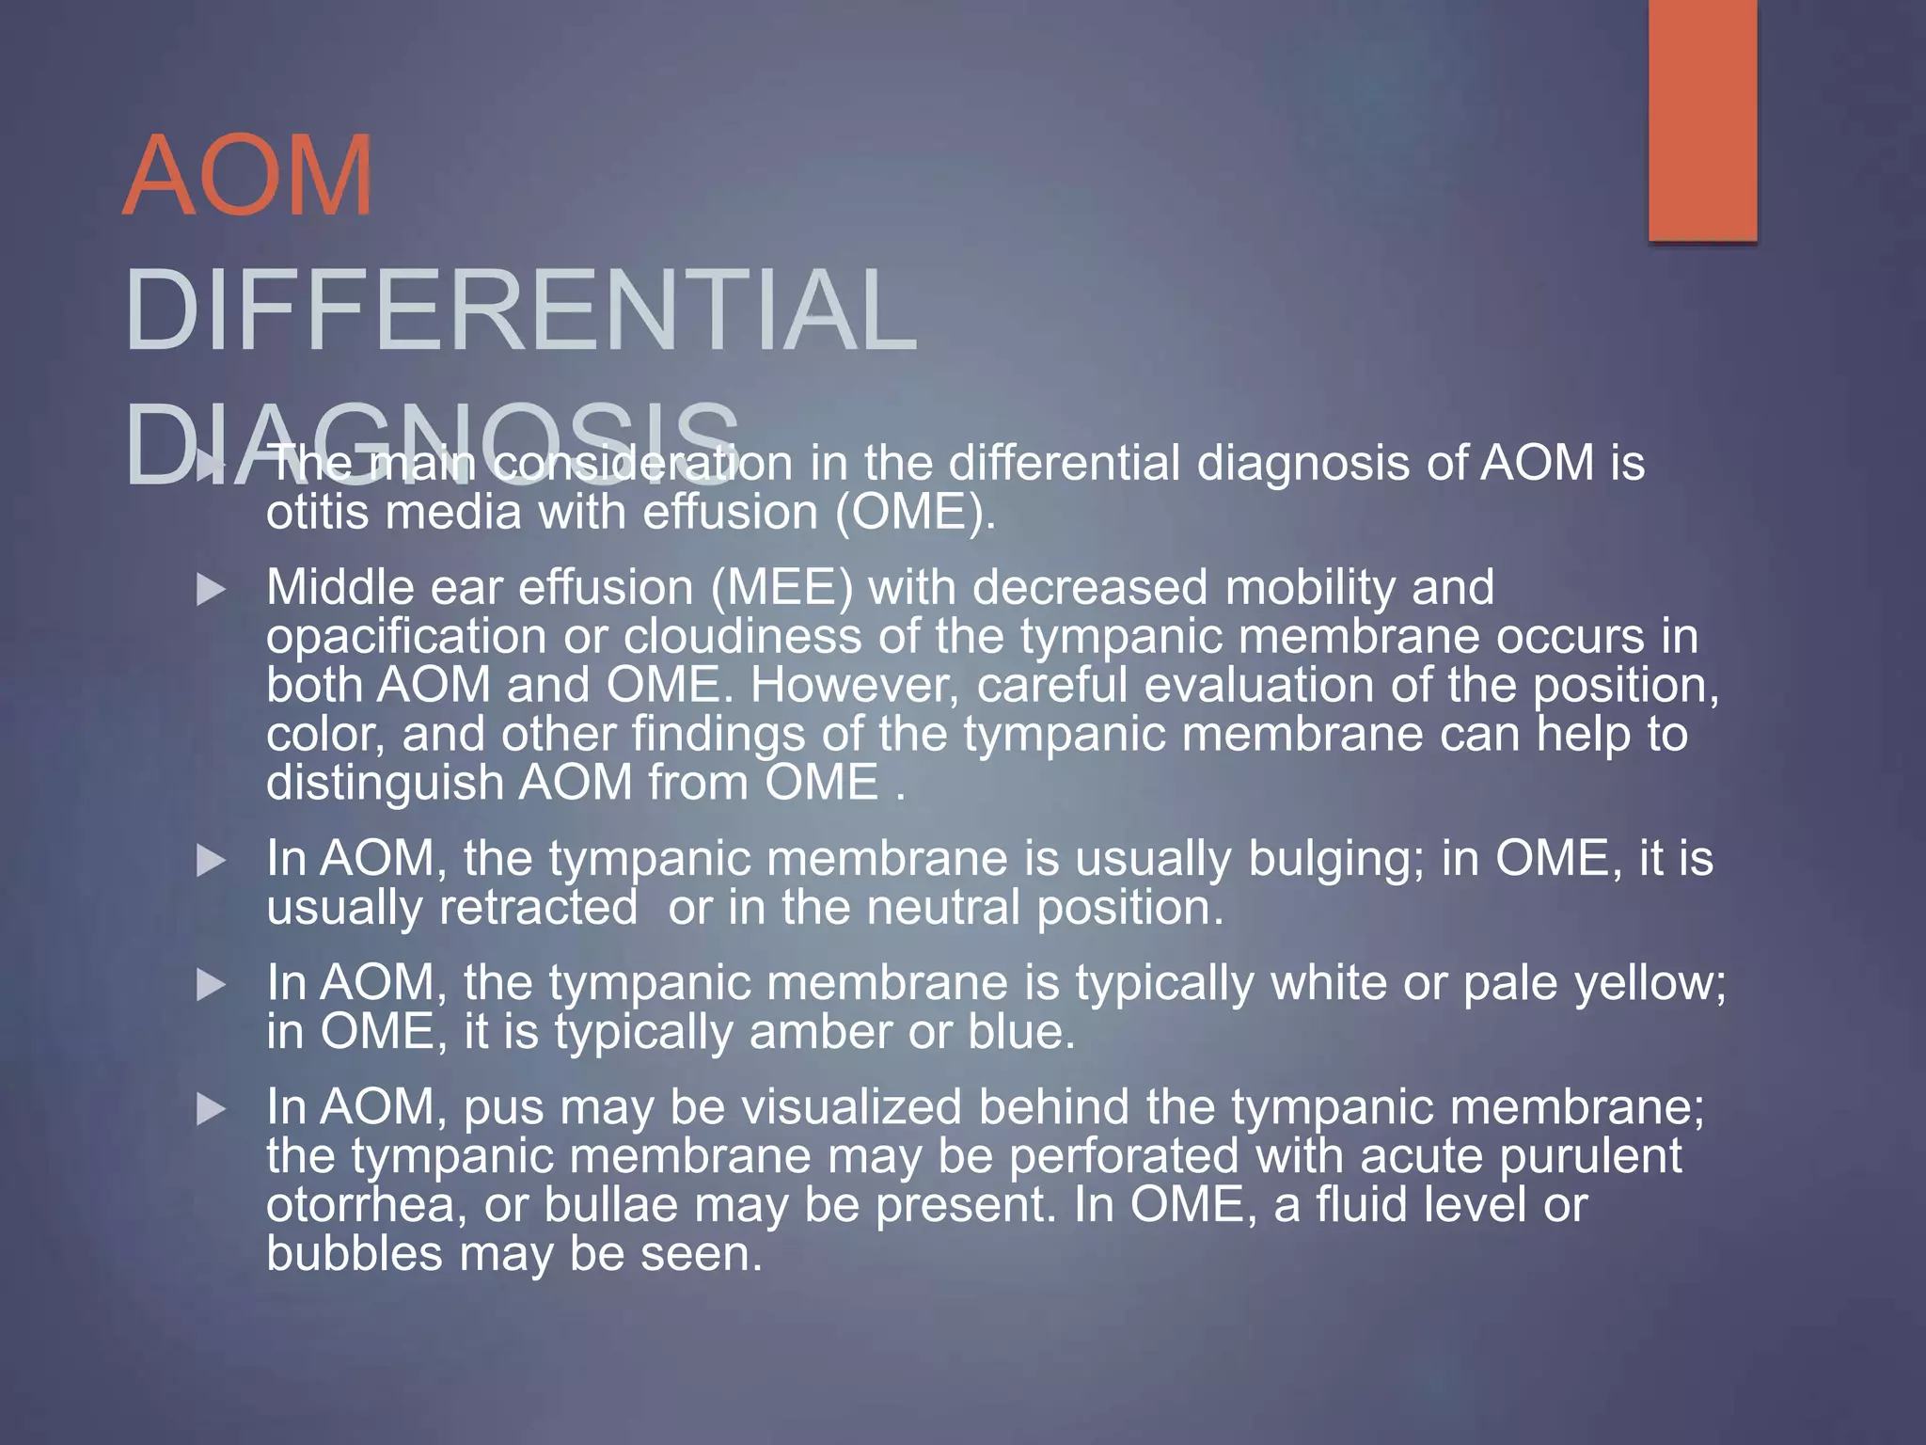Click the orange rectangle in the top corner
[1702, 120]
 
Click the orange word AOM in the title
[248, 176]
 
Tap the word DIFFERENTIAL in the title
[520, 310]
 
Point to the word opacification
[406, 637]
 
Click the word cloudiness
[743, 637]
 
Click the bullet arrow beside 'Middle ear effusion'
[212, 591]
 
